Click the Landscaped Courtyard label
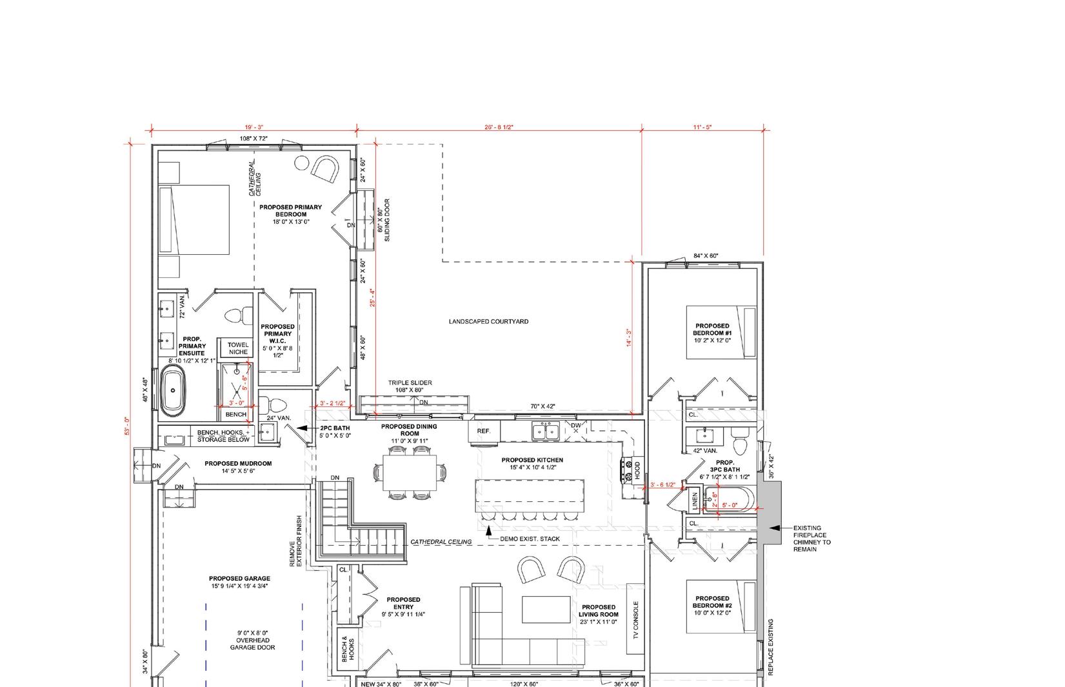pos(488,321)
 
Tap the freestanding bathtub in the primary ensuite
pos(173,391)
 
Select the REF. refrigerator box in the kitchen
pos(483,431)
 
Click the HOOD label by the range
pos(637,470)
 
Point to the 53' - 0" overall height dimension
pos(127,426)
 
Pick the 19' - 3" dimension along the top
pos(254,128)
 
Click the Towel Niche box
pos(238,348)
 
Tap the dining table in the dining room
pos(410,473)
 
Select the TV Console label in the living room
pos(635,619)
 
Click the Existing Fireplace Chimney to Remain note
pos(811,538)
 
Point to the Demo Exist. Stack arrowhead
pos(488,530)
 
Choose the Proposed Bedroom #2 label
pos(712,602)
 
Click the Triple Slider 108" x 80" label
pos(410,386)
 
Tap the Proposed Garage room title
pos(239,578)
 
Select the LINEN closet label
pos(695,501)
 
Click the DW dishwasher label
pos(575,426)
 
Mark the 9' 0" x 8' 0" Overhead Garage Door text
pos(252,640)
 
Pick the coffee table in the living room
pos(546,610)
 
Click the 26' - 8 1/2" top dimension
pos(499,128)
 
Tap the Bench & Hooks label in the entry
pos(348,649)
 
